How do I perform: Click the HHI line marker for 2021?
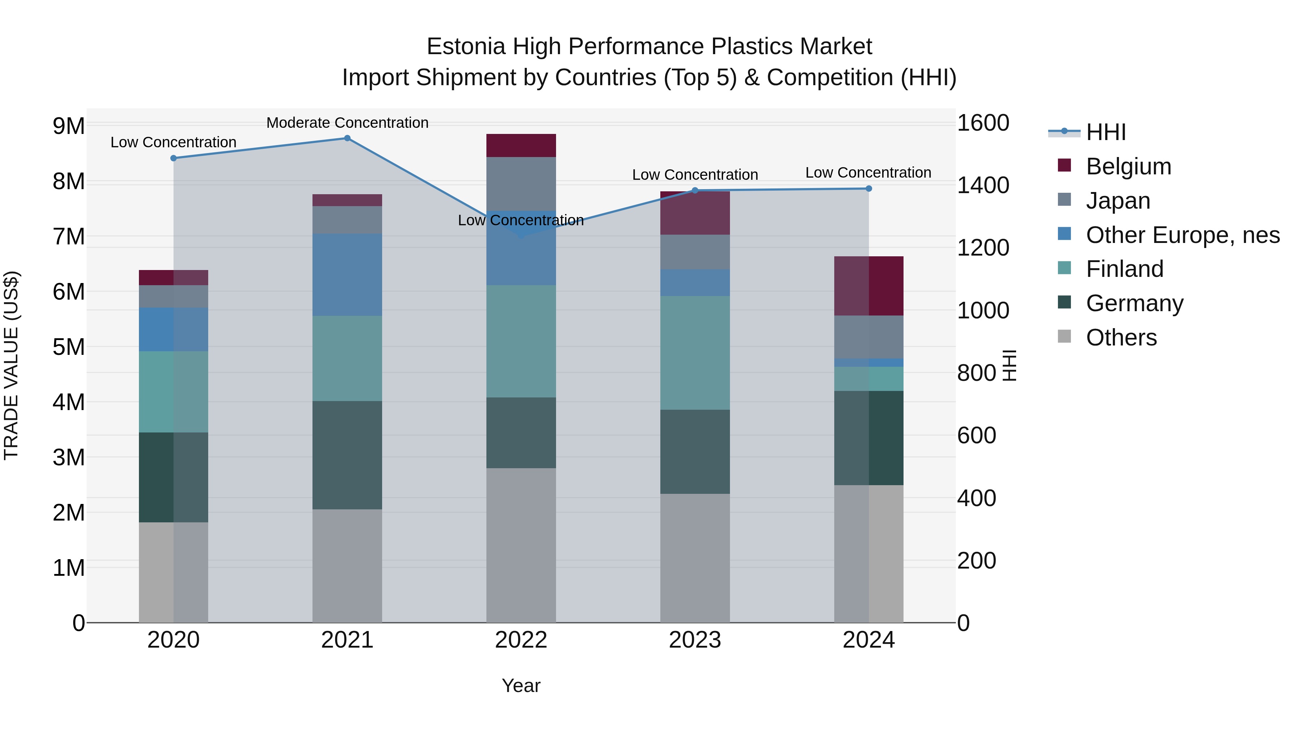(x=347, y=138)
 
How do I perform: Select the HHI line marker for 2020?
(x=174, y=158)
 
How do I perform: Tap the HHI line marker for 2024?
(x=869, y=189)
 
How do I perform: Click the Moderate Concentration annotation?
(x=347, y=123)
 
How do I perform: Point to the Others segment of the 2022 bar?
(x=521, y=545)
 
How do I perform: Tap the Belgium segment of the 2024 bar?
(x=869, y=286)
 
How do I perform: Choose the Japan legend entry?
(x=1118, y=201)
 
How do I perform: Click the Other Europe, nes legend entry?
(x=1182, y=235)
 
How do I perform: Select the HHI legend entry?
(x=1105, y=132)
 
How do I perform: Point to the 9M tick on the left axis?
(x=69, y=126)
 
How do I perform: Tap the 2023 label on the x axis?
(x=695, y=640)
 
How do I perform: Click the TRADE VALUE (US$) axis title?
(x=11, y=365)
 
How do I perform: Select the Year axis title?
(x=521, y=686)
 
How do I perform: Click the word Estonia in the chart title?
(x=465, y=47)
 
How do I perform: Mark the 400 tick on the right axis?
(x=976, y=499)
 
